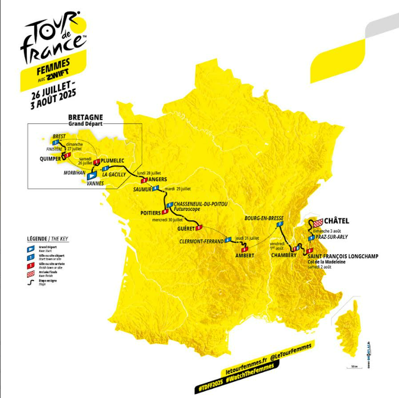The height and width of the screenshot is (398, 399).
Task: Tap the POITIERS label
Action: tap(150, 212)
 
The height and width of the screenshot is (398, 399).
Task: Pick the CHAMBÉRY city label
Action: tap(284, 255)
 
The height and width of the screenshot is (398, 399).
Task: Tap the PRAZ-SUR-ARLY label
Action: tap(331, 237)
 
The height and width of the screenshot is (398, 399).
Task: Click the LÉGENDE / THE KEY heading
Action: tap(47, 239)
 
